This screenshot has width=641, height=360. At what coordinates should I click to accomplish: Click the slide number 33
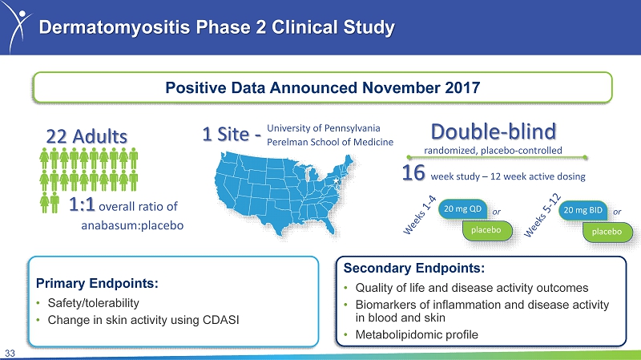tap(10, 354)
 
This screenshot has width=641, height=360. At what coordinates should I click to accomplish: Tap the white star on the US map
tap(336, 180)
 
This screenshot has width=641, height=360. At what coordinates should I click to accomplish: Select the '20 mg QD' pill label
tap(462, 209)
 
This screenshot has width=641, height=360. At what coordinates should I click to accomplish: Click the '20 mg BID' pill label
tap(583, 210)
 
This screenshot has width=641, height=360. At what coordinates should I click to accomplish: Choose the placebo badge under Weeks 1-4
tap(486, 230)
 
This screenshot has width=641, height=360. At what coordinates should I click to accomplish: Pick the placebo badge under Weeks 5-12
tap(607, 232)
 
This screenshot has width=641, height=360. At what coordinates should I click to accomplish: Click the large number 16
tap(413, 172)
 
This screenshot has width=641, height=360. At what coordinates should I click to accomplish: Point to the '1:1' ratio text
tap(82, 204)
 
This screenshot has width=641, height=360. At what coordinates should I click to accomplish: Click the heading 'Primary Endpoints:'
tap(97, 283)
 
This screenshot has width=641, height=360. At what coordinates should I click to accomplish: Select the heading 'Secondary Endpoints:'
tap(413, 268)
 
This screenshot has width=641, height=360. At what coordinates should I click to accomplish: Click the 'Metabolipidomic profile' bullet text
tap(417, 334)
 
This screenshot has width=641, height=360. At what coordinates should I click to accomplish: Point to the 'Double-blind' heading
tap(494, 131)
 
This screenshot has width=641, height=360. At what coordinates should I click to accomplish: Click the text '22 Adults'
tap(87, 136)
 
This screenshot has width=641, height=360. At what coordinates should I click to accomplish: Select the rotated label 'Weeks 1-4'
tap(420, 215)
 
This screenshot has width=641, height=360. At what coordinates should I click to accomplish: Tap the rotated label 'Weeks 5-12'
tap(542, 216)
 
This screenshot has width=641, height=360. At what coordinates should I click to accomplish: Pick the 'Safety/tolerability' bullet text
tap(93, 303)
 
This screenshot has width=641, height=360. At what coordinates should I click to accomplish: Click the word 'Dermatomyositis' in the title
tap(115, 27)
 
